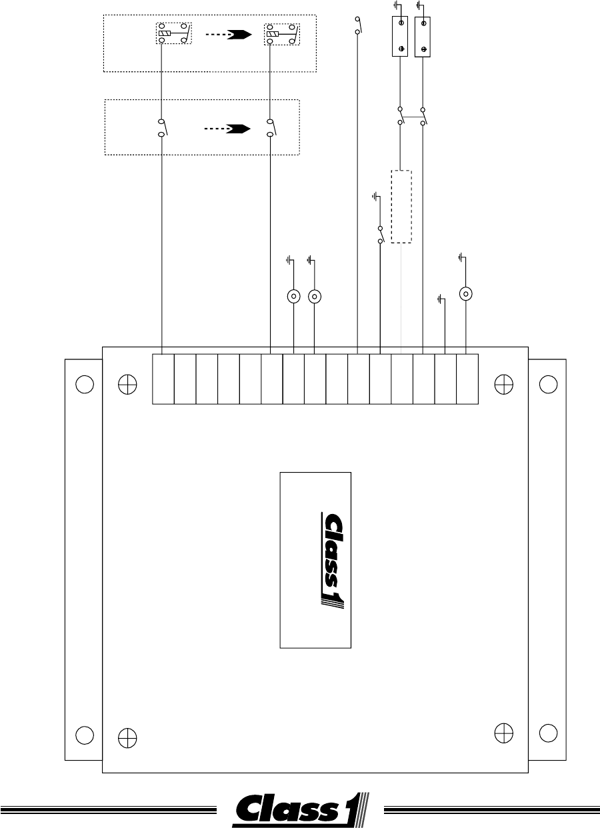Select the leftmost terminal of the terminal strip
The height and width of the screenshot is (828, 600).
coord(163,379)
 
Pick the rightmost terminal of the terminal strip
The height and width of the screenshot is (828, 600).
coord(467,379)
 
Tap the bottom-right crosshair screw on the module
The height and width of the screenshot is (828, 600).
coord(504,733)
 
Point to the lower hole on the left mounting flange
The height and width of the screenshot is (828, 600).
coord(84,734)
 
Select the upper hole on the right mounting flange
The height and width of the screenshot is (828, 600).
coord(548,384)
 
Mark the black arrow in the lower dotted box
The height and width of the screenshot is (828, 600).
coord(237,129)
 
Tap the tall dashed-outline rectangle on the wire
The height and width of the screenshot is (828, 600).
coord(401,207)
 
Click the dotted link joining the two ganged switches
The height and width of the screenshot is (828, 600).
coord(411,117)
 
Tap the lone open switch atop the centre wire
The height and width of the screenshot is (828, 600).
coord(358,25)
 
